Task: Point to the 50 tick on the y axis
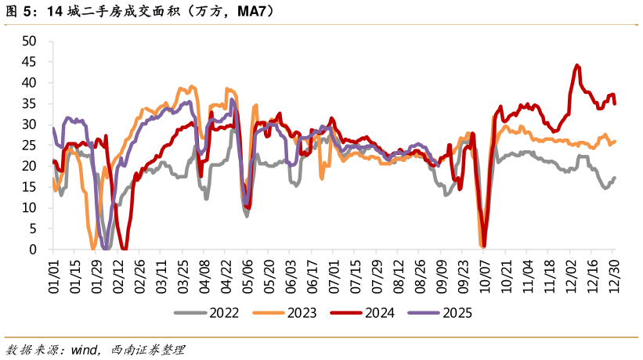coord(30,41)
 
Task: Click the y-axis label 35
coord(30,103)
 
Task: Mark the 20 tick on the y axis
coord(30,166)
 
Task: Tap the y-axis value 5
coord(33,229)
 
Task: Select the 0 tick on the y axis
coord(33,250)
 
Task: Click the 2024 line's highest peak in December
coord(577,66)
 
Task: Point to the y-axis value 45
coord(30,62)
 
